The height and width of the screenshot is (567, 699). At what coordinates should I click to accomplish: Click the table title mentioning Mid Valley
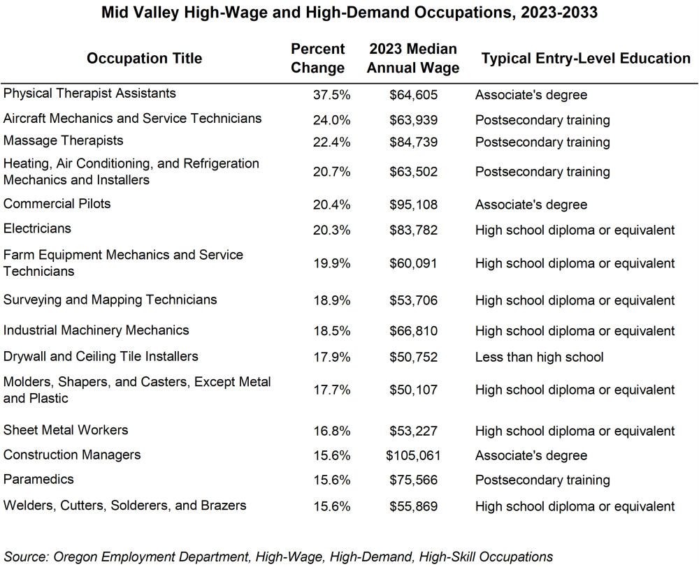click(349, 13)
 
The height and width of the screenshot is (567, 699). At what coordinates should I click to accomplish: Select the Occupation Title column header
click(144, 59)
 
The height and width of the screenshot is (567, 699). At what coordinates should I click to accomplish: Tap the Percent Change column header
click(317, 59)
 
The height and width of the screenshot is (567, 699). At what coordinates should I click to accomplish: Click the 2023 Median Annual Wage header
click(412, 59)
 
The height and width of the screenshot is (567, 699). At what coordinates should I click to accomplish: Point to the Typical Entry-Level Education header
click(586, 59)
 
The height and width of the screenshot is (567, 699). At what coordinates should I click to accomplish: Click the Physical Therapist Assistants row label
click(80, 94)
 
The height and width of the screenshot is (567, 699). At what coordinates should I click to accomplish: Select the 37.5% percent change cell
click(331, 95)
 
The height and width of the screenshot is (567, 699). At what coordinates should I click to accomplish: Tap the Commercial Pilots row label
click(57, 204)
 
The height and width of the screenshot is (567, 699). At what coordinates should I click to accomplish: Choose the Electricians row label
click(37, 228)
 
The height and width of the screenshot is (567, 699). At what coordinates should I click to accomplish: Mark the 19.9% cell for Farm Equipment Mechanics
click(331, 264)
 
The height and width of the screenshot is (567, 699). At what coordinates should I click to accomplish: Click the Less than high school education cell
click(539, 358)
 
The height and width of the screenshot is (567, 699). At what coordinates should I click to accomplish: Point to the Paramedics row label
click(38, 480)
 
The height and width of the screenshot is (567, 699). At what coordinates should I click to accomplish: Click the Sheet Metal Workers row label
click(66, 430)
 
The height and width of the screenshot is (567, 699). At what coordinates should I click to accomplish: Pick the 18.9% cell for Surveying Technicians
click(331, 301)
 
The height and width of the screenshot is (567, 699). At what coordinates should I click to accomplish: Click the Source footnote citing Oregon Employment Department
click(278, 557)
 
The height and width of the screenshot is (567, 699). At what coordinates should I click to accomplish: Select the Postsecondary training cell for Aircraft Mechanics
click(542, 120)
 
